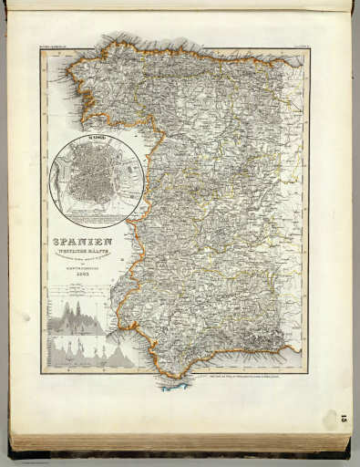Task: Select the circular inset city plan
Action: (96, 180)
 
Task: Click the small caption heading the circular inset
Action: (96, 140)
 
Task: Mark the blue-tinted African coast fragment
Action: (173, 384)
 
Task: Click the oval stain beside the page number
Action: (330, 420)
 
